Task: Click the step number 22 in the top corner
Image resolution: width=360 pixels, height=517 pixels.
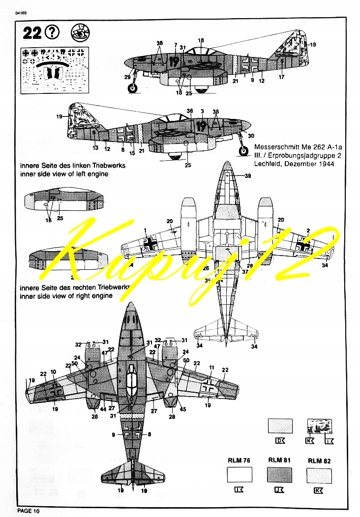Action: coord(32,33)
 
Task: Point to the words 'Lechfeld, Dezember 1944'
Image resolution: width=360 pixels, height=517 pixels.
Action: coord(294,164)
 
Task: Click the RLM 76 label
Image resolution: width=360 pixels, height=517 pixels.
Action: coord(239,460)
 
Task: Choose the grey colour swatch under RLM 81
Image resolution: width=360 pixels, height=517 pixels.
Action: coord(279,475)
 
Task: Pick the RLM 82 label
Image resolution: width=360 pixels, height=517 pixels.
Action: coord(319,460)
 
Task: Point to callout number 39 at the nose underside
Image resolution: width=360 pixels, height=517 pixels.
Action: coord(247,175)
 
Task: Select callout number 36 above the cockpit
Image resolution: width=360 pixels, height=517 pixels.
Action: coord(190,111)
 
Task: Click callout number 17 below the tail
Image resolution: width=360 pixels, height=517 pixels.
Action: coord(282,77)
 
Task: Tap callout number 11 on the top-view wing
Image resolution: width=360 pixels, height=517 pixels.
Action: coord(212,367)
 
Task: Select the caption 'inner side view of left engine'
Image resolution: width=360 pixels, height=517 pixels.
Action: coord(63,174)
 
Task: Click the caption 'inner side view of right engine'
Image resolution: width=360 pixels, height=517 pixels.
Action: coord(65,296)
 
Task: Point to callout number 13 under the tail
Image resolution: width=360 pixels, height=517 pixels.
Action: coord(95,147)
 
